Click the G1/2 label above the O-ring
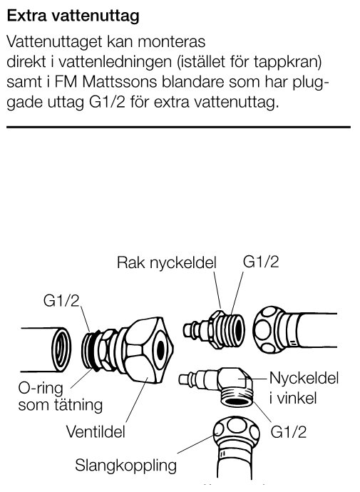pos(61,301)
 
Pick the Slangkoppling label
pos(125,467)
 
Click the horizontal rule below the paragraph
pos(178,127)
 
